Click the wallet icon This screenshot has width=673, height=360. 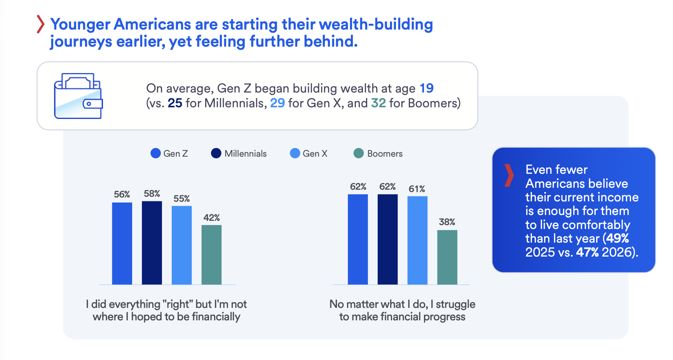(x=78, y=96)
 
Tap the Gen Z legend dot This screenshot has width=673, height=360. (x=155, y=153)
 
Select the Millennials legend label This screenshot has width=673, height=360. (x=246, y=154)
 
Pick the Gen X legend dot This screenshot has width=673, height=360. (x=295, y=153)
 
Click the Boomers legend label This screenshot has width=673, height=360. (x=385, y=154)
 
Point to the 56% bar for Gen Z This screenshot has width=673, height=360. (x=122, y=243)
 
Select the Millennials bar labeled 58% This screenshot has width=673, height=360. (x=152, y=243)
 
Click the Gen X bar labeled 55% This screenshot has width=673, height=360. (x=182, y=245)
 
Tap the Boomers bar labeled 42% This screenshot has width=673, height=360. (x=211, y=255)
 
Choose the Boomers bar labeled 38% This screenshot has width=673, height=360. (x=447, y=257)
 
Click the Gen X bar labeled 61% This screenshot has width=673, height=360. (x=417, y=240)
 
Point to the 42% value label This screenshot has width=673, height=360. (x=212, y=218)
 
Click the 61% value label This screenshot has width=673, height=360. (x=417, y=189)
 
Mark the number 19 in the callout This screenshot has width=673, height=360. (x=427, y=88)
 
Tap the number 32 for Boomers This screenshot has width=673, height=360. (x=378, y=103)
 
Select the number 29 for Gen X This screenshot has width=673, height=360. (x=277, y=103)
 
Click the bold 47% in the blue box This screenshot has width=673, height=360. (x=588, y=252)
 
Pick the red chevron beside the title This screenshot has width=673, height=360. (x=40, y=24)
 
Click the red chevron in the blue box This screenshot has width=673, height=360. (x=509, y=175)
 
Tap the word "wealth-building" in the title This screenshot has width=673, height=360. (x=376, y=24)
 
